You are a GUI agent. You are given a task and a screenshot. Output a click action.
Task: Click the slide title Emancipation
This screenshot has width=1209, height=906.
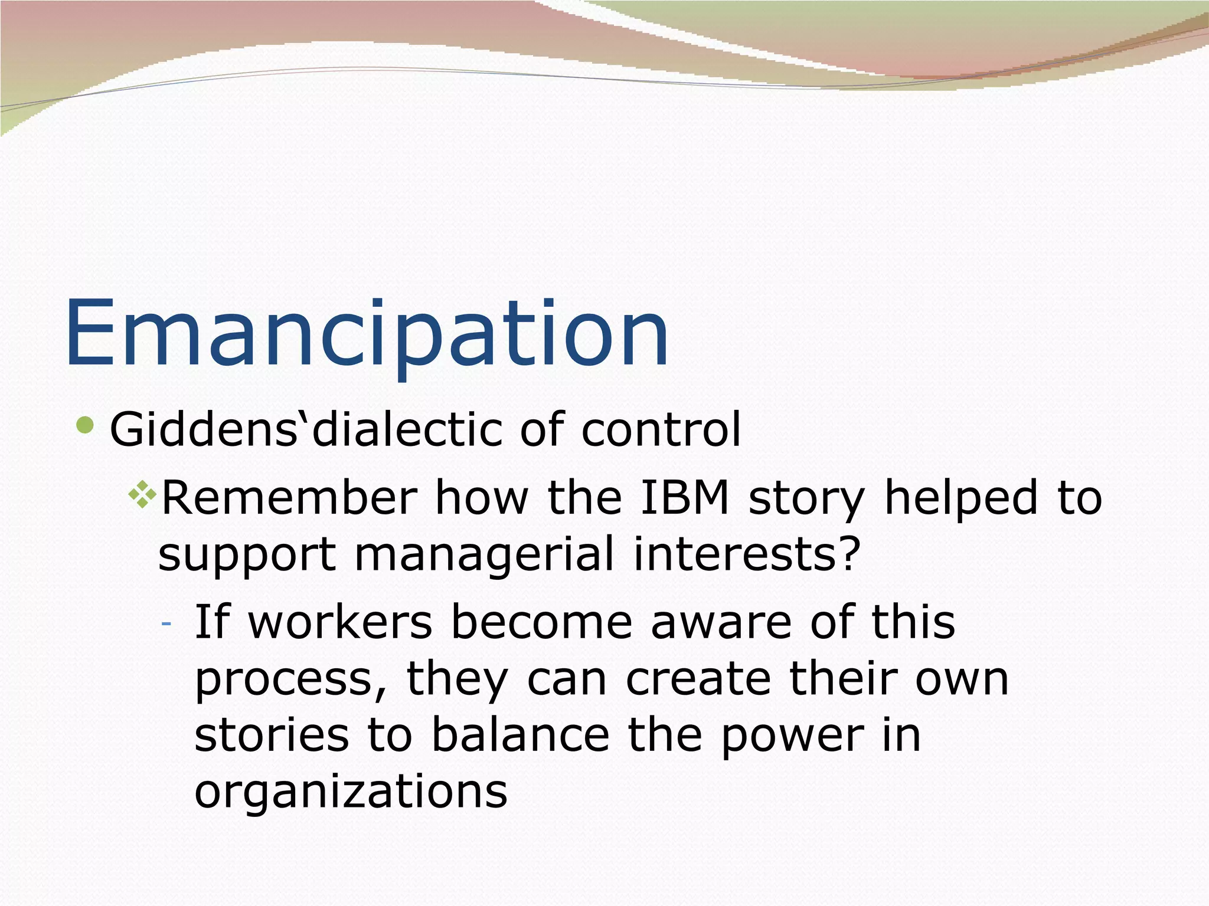[x=367, y=335]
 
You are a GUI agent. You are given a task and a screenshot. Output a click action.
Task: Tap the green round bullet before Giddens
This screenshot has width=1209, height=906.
[x=86, y=425]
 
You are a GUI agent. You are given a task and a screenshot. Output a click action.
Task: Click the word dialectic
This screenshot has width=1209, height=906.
[x=407, y=429]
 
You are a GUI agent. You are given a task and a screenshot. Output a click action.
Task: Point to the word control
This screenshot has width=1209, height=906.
[x=661, y=429]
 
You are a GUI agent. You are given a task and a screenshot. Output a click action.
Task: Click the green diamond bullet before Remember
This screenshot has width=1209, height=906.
[x=142, y=494]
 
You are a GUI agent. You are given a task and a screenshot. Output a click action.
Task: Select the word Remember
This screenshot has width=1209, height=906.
[x=289, y=498]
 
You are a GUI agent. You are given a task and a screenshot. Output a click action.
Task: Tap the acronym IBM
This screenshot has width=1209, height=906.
[x=685, y=498]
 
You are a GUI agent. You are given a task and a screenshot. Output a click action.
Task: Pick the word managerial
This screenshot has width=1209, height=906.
[x=484, y=554]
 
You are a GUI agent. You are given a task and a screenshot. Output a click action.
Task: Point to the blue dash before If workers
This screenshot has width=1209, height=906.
[x=166, y=623]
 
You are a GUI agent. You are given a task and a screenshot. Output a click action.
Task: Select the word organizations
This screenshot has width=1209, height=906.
[x=351, y=792]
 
